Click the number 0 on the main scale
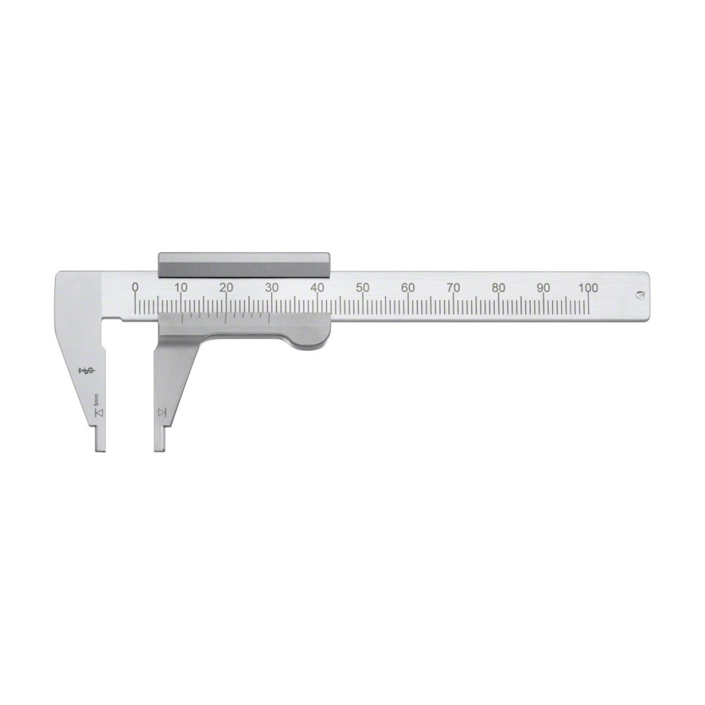135,287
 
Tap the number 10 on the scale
180,287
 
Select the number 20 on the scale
226,287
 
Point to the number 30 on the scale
271,287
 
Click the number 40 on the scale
317,287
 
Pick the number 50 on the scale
362,287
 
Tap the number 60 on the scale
407,287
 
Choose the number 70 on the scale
453,287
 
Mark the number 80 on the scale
498,287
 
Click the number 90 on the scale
544,287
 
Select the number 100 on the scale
588,287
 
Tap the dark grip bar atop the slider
244,264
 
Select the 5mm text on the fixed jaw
98,398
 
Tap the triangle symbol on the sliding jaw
162,412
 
